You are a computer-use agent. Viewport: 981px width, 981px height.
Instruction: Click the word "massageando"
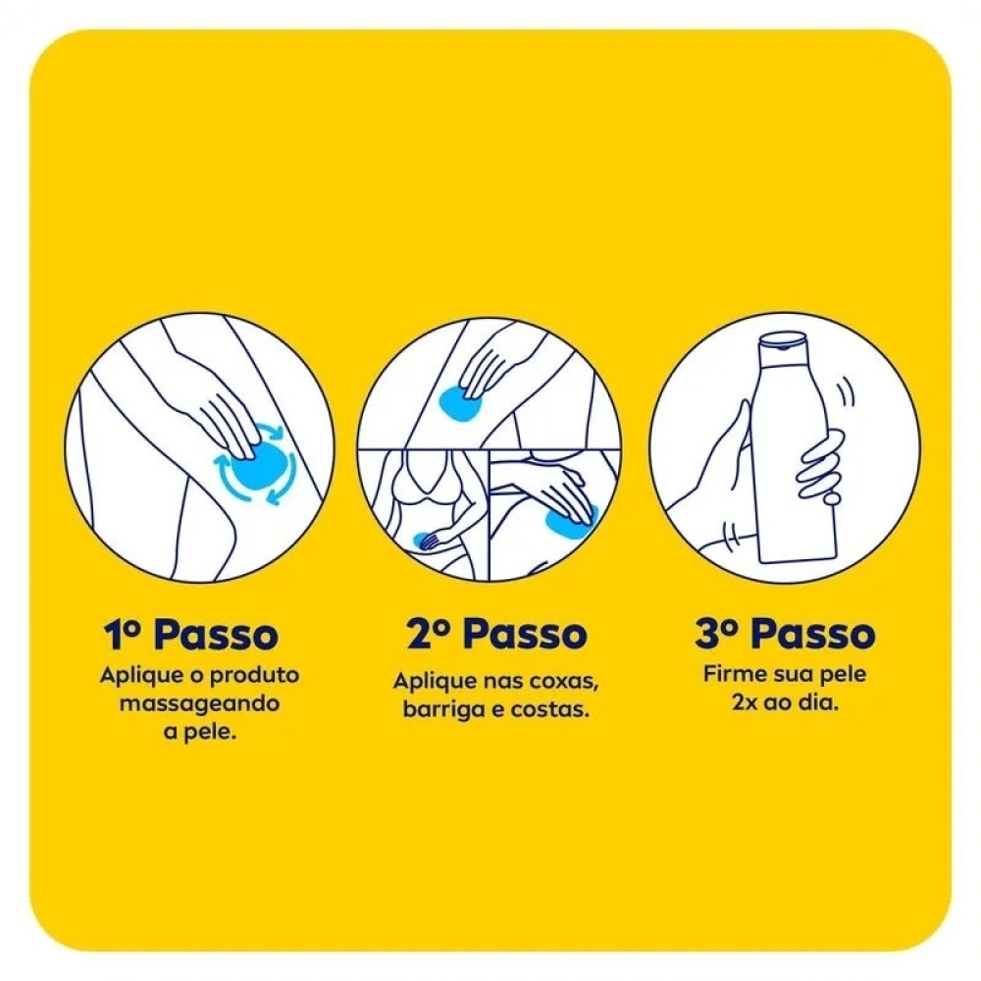click(199, 704)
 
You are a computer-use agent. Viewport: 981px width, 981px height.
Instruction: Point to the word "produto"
click(254, 676)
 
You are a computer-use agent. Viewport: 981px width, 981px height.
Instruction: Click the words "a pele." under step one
click(199, 733)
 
